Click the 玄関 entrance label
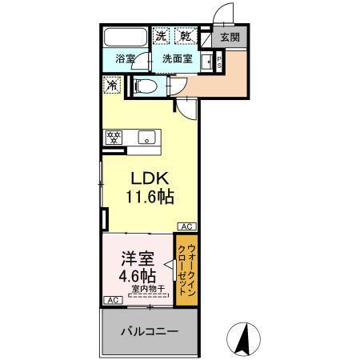[229, 36]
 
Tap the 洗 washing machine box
[162, 36]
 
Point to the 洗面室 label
[177, 58]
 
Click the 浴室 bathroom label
[124, 58]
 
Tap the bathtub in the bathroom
[126, 37]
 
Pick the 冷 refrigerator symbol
[112, 83]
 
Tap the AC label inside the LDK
[185, 226]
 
